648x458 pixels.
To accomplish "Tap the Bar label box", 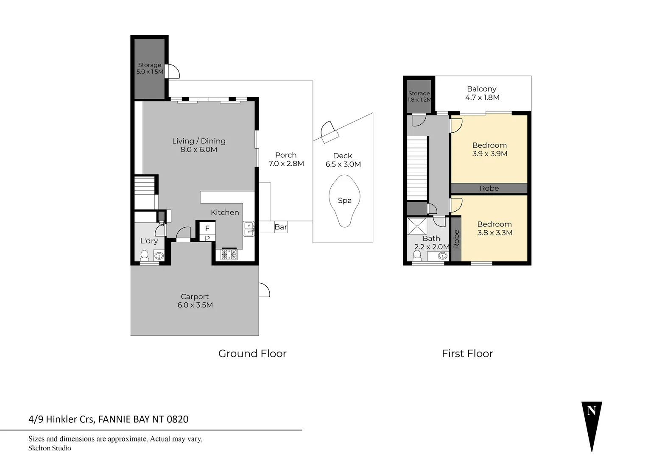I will coord(281,227).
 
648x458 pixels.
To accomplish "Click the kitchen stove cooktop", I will coord(229,254).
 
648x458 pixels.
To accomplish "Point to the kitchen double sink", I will coord(249,229).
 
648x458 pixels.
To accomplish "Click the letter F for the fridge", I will coord(207,228).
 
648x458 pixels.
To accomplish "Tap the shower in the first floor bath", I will coord(417,226).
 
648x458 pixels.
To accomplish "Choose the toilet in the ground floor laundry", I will coord(145,255).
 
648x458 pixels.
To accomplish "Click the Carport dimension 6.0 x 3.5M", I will coord(195,305).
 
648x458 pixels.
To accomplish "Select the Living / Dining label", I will coord(198,141).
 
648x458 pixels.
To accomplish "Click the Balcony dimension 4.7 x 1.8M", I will coord(482,97).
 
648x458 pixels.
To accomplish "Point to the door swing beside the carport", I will coord(264,290).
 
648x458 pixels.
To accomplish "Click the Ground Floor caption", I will coord(252,353).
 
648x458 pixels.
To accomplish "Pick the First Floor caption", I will coord(467,353).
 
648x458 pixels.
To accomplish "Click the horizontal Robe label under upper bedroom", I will coord(489,188).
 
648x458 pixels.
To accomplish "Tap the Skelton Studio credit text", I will coord(50,448).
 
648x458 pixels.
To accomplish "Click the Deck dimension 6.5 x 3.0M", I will coord(343,164).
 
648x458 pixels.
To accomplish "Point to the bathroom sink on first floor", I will coord(442,256).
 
